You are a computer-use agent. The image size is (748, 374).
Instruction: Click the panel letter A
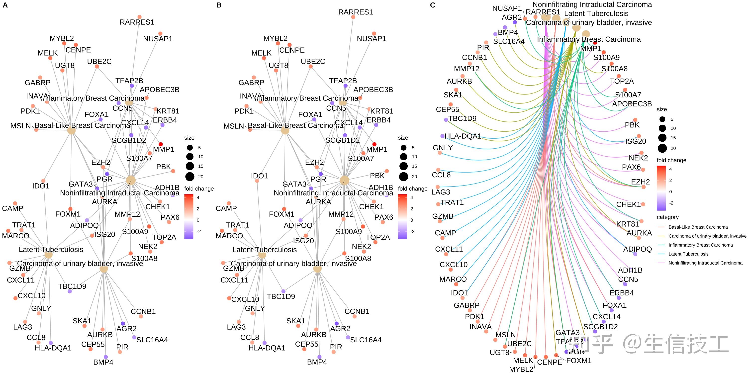(x=5, y=5)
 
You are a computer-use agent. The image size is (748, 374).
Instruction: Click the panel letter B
(x=219, y=5)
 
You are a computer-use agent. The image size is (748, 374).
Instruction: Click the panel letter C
(x=433, y=5)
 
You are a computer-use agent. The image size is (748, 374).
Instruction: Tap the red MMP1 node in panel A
(x=161, y=144)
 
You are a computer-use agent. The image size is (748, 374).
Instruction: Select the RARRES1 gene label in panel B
(x=355, y=12)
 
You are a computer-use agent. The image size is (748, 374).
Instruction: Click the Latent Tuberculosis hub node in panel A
(x=48, y=255)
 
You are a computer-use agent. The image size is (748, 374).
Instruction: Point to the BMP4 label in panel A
(x=103, y=362)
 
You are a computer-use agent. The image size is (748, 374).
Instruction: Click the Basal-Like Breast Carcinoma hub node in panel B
(x=285, y=130)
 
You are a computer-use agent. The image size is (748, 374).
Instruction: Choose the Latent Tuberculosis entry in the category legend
(x=688, y=254)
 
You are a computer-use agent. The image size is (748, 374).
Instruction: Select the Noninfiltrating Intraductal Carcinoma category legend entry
(x=705, y=263)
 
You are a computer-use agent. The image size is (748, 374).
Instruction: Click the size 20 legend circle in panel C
(x=662, y=148)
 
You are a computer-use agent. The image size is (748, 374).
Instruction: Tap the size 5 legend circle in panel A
(x=190, y=148)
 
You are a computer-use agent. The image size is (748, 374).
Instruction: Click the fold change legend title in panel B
(x=413, y=189)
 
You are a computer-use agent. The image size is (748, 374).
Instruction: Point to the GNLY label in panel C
(x=443, y=148)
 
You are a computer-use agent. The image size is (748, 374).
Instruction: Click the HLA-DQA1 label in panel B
(x=267, y=348)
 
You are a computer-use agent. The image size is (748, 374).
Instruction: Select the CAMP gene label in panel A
(x=12, y=208)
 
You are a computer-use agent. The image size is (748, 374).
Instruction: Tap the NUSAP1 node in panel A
(x=161, y=34)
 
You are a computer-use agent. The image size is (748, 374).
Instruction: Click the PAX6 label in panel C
(x=631, y=167)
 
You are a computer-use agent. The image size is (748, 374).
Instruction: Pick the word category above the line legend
(x=667, y=217)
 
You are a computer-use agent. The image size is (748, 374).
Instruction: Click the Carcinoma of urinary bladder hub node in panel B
(x=317, y=269)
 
